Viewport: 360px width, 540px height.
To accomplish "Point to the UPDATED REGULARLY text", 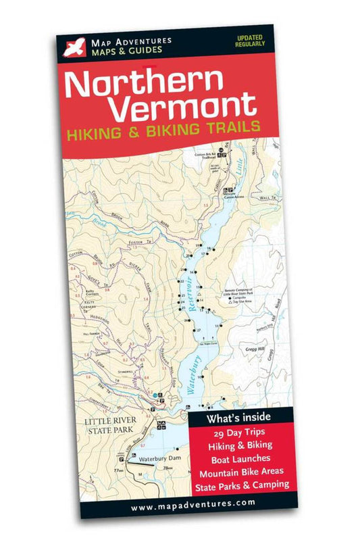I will click(x=250, y=40).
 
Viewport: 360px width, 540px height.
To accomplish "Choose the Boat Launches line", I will click(x=237, y=458).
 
